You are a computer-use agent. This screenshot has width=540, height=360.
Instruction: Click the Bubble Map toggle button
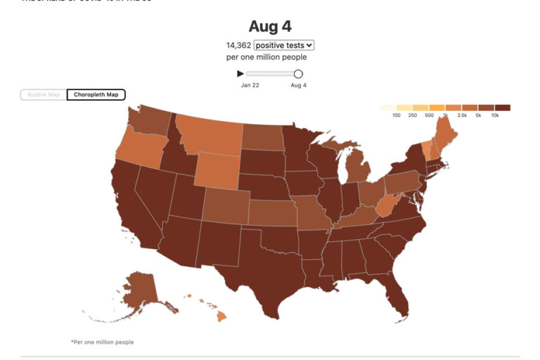tap(44, 94)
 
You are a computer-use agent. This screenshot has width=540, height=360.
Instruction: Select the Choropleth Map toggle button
tap(96, 94)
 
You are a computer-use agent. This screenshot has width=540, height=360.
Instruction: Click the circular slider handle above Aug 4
tap(298, 74)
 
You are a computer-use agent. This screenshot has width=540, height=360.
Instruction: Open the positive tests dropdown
tap(284, 45)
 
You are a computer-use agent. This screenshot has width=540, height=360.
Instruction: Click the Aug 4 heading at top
tap(270, 26)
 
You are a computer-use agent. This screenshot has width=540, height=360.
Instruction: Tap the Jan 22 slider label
tap(250, 85)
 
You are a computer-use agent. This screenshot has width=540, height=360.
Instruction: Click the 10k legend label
tap(495, 115)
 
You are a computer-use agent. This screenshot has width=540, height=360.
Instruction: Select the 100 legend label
tap(397, 115)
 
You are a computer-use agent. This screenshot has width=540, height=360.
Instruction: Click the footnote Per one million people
tap(102, 342)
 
